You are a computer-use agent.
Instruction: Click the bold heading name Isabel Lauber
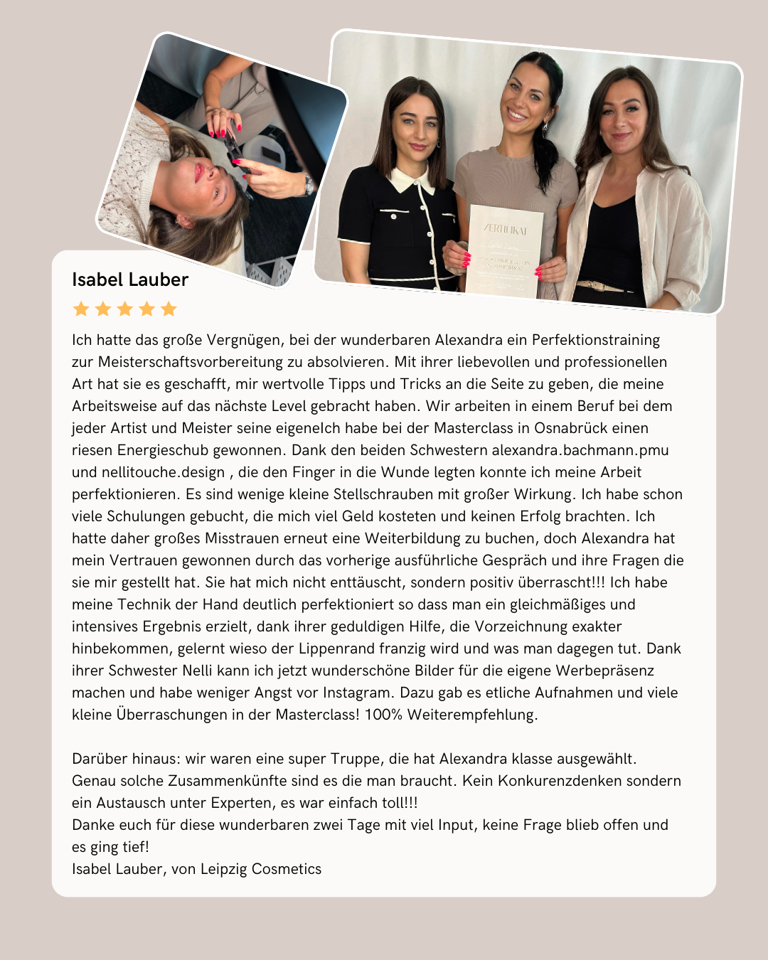click(130, 279)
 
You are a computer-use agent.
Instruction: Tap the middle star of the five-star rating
click(125, 309)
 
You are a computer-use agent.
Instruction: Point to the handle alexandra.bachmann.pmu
click(580, 450)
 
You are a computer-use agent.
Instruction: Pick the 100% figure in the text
click(383, 715)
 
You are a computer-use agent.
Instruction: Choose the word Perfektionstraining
click(596, 340)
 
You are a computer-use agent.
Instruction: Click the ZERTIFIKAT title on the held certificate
click(505, 230)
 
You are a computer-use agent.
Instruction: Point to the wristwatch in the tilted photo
click(308, 185)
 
